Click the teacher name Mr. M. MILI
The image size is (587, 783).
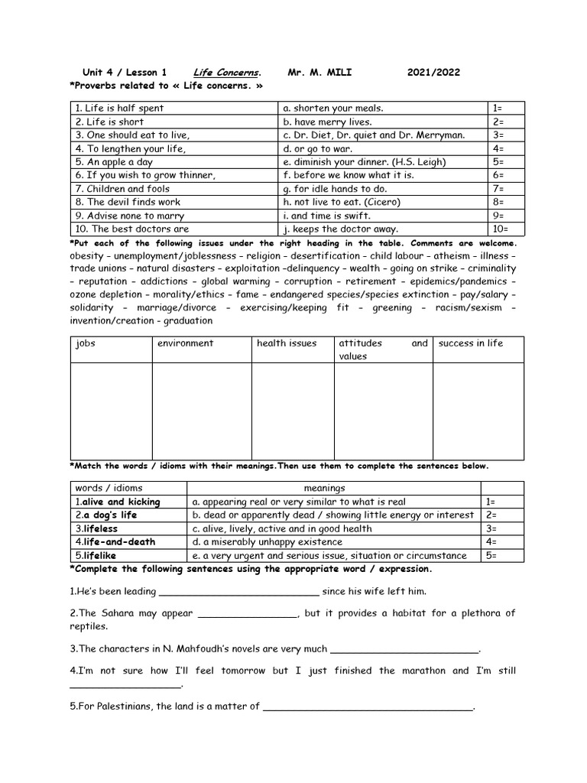tap(319, 73)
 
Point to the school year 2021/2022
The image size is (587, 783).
tap(433, 73)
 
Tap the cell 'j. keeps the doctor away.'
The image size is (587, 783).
tap(340, 229)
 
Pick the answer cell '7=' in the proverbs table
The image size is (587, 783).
tap(498, 189)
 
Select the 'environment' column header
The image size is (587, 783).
tap(185, 343)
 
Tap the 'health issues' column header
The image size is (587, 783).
tap(286, 343)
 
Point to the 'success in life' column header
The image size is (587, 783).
tap(470, 343)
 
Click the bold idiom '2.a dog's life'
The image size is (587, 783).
tap(105, 515)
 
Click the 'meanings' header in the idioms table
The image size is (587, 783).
tap(324, 488)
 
